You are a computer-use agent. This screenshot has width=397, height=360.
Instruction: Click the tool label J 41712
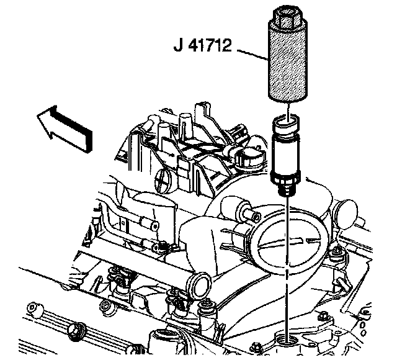(203, 45)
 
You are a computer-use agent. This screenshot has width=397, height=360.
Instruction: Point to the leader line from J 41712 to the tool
(252, 55)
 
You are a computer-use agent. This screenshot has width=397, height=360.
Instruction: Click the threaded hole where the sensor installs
(285, 340)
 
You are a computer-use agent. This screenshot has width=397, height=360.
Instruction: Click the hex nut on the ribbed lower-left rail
(76, 330)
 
